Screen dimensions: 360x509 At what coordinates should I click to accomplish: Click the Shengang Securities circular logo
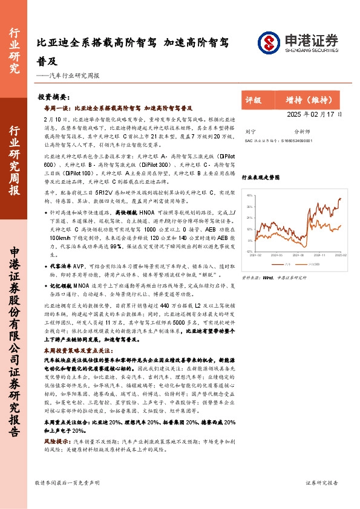pos(269,42)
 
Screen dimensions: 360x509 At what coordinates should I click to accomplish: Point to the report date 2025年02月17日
pos(280,114)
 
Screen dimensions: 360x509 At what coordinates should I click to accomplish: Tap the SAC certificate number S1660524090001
pos(296,139)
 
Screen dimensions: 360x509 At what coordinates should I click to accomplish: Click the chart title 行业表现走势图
pos(261,178)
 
